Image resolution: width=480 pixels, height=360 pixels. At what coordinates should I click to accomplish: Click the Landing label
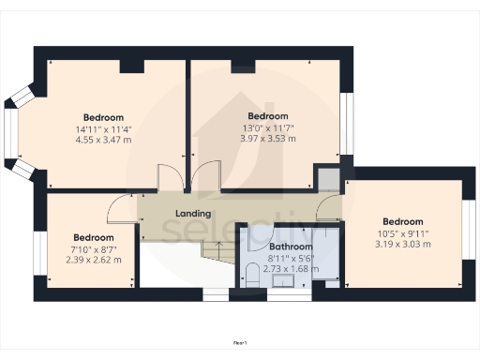[193, 214]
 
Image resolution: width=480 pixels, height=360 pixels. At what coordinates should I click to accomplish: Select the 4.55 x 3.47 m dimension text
[103, 141]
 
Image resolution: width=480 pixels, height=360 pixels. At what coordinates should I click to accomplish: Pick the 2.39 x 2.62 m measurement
[93, 260]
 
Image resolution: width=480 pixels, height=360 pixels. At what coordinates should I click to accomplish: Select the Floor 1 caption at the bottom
[239, 343]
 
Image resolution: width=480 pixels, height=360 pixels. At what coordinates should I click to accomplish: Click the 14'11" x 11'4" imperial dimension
[103, 129]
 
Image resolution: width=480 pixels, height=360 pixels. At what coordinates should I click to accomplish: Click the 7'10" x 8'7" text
[93, 248]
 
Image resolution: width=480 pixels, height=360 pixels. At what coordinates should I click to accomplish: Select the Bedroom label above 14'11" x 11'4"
[103, 118]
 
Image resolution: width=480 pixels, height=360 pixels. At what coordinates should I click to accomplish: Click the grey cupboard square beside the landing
[327, 178]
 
